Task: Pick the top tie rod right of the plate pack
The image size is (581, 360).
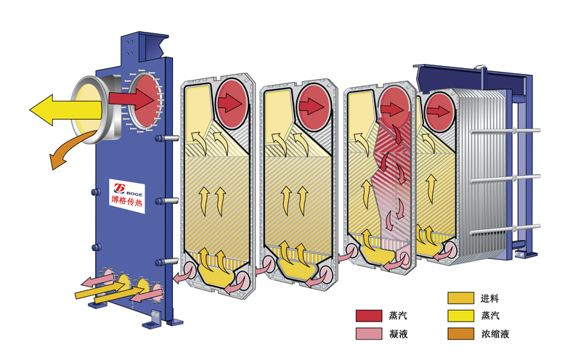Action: [508, 131]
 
